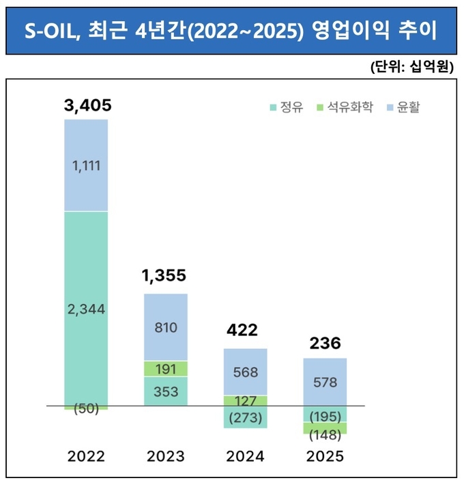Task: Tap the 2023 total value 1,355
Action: click(164, 276)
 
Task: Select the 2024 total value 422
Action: click(244, 331)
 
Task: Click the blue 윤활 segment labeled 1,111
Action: click(86, 165)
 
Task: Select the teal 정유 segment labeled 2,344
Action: click(86, 309)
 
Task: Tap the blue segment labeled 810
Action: click(166, 327)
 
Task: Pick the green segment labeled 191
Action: click(166, 369)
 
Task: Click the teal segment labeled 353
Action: click(166, 391)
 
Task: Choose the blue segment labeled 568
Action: click(245, 372)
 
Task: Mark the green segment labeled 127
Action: click(245, 401)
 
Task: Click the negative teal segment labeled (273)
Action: click(245, 417)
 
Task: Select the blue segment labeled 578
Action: click(325, 382)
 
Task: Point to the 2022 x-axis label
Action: click(86, 456)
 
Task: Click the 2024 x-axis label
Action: click(245, 456)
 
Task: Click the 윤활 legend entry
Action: click(403, 107)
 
